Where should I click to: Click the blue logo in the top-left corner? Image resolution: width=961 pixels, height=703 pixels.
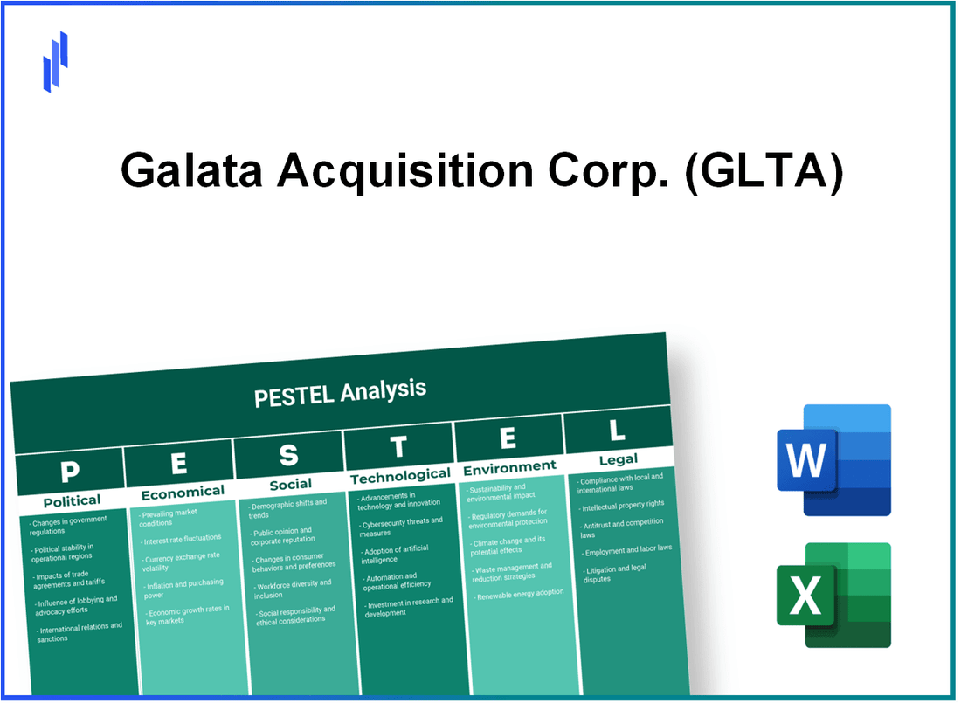coord(55,61)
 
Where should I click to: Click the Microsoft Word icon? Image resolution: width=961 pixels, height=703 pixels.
coord(833,460)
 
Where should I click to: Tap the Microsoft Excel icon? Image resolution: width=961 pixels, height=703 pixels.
coord(833,596)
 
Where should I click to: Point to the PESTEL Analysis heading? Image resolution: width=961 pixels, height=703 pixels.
coord(340,392)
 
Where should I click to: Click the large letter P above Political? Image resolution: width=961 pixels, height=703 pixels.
coord(69,472)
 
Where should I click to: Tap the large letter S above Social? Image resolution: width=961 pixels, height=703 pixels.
coord(288,455)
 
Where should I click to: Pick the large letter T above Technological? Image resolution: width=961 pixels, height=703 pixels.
coord(398,447)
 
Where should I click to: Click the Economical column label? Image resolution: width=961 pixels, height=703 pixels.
coord(183,492)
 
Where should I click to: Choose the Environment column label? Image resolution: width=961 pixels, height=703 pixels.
coord(509,466)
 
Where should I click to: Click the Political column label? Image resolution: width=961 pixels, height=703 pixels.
coord(72,500)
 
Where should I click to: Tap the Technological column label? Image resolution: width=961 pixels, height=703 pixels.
coord(400,475)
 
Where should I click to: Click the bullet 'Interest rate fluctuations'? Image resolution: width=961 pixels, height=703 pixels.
coord(183,538)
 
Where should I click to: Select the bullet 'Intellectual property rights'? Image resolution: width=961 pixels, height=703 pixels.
coord(625,504)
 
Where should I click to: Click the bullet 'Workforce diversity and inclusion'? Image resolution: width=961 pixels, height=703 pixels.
coord(294,589)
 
